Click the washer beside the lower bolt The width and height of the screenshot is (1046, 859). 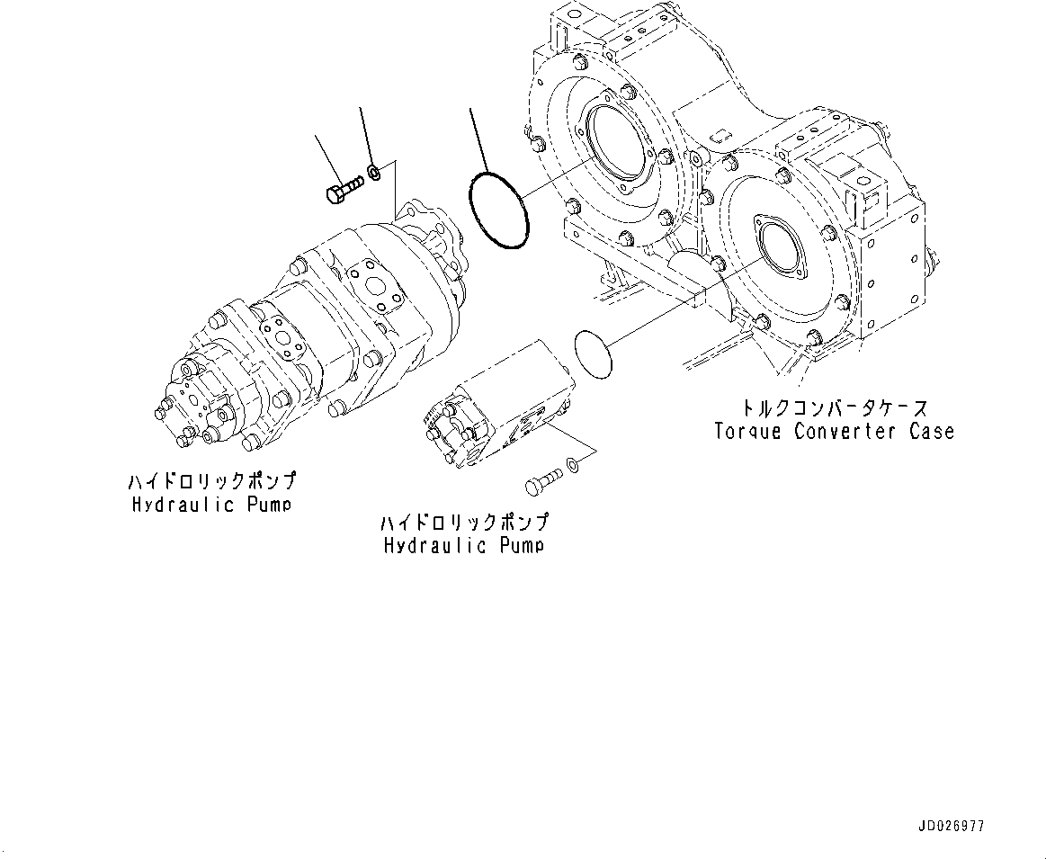click(573, 465)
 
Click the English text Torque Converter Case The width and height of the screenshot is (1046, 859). click(834, 431)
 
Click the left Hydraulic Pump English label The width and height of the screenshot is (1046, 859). click(210, 504)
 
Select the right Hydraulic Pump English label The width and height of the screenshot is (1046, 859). click(464, 545)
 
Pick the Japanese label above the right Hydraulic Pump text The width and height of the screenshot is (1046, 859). click(464, 523)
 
